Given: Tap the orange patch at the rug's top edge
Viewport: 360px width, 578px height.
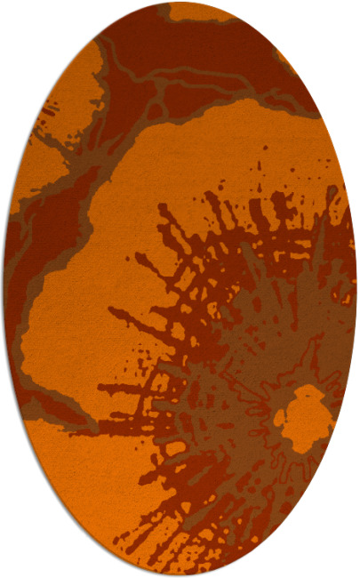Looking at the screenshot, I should coord(199,12).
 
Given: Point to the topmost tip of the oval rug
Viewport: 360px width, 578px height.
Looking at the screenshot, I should coord(180,3).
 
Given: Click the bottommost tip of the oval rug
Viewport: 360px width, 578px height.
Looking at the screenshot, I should coord(180,575).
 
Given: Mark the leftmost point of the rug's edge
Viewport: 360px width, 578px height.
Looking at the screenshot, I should coord(4,289).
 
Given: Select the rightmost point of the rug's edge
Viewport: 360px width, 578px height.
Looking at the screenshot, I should coord(356,289).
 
